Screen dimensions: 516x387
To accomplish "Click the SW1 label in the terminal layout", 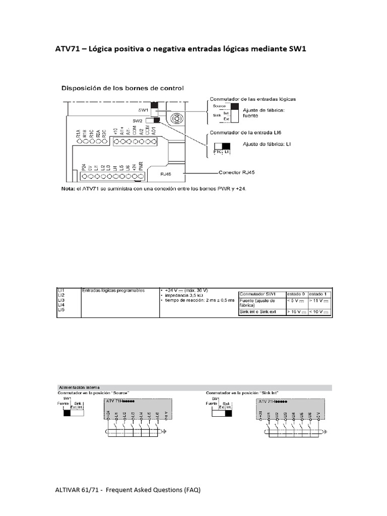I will tap(143, 109).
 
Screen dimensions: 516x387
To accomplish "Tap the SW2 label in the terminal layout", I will tap(138, 121).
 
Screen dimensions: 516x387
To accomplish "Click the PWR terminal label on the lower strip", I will tap(141, 165).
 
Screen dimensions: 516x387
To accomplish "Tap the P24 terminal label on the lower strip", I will tap(83, 167).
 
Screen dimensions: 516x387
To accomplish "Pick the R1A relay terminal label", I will tap(79, 134).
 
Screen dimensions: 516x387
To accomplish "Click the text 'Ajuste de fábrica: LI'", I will tap(267, 145).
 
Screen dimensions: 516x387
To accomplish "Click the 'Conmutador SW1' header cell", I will tap(257, 294).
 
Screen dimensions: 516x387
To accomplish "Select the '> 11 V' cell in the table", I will tap(318, 301).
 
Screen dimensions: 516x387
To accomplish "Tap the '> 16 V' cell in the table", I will tap(296, 312).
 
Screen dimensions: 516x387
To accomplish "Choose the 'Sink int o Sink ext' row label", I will tap(257, 312).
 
